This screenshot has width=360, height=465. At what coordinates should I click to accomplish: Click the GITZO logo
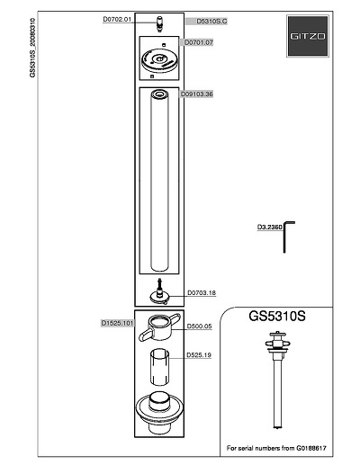tap(308, 36)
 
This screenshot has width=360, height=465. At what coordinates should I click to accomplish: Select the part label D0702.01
tap(117, 20)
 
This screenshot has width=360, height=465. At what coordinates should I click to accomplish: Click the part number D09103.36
tap(196, 94)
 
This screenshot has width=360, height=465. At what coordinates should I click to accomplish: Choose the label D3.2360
tap(270, 227)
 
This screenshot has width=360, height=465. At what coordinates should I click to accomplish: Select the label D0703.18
tap(202, 292)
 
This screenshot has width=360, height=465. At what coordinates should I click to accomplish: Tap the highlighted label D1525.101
tap(117, 323)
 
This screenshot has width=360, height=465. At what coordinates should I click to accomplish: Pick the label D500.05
tap(199, 326)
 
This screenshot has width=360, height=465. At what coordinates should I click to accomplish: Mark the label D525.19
tap(199, 355)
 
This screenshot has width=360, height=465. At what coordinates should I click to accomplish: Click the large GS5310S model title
tap(277, 316)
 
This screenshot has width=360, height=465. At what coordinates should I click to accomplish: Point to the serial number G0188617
tap(311, 448)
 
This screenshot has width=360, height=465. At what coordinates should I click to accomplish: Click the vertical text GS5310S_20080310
tap(32, 48)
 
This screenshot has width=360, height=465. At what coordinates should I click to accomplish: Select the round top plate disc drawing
tap(159, 60)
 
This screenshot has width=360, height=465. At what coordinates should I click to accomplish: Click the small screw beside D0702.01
tap(159, 23)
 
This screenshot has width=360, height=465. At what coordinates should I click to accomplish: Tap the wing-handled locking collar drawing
tap(159, 327)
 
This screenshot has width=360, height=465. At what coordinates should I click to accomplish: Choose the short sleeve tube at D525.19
tap(159, 367)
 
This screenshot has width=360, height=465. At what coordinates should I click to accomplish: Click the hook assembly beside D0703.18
tap(160, 291)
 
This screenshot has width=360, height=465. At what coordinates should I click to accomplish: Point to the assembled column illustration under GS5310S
tap(278, 380)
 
